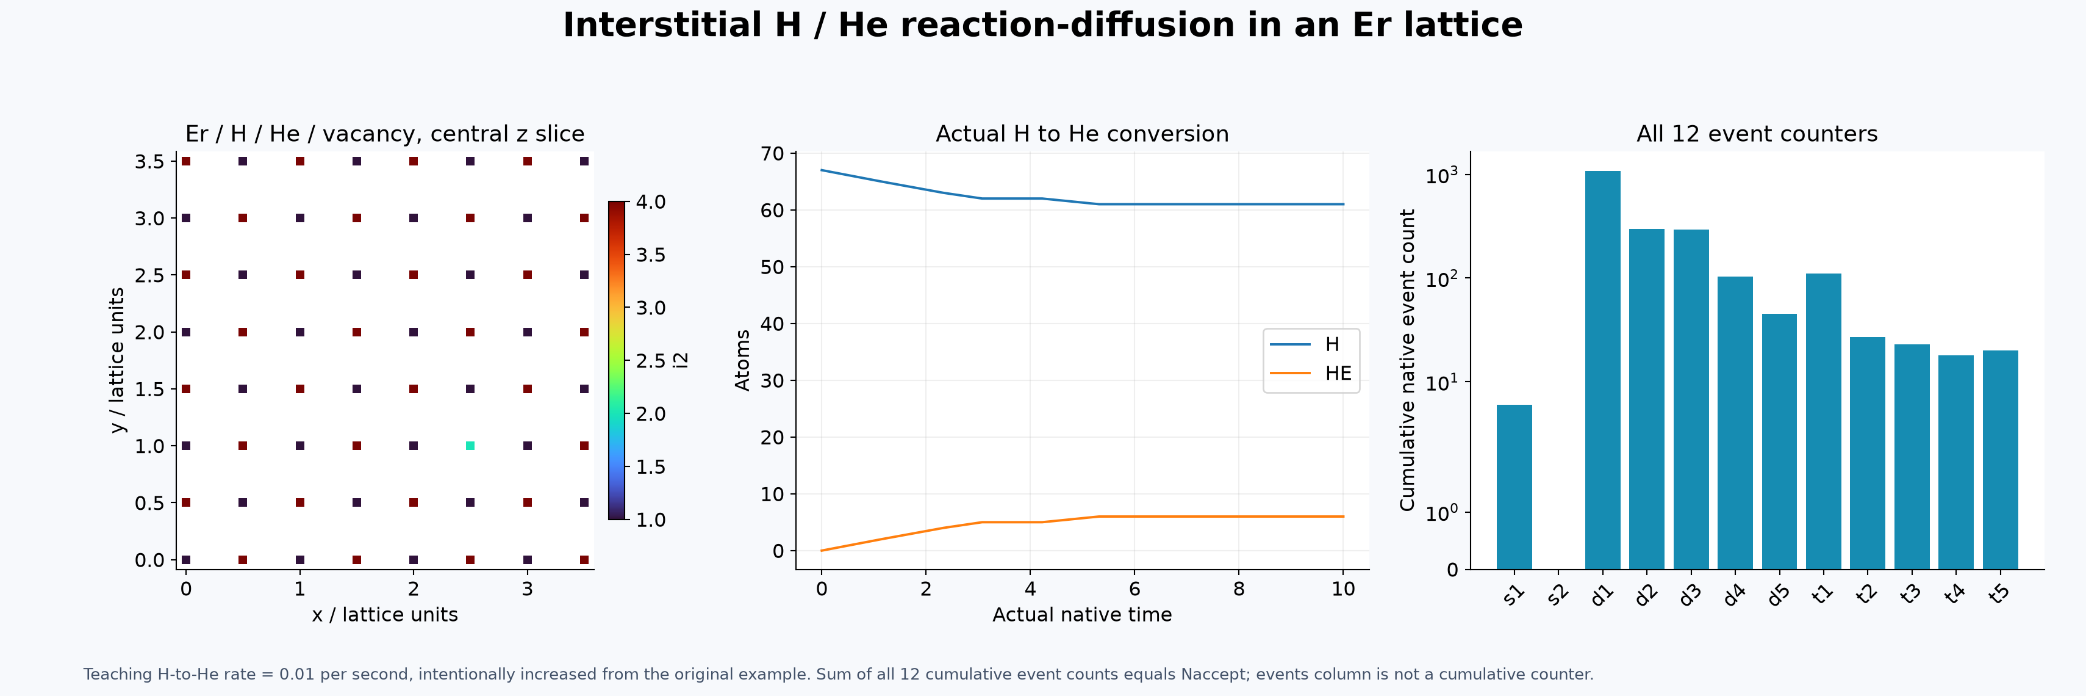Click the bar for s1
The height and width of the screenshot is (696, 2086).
tap(1513, 487)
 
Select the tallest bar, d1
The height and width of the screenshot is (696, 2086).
tap(1602, 370)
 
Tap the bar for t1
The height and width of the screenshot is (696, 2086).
tap(1824, 421)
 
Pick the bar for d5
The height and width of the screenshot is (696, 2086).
tap(1779, 441)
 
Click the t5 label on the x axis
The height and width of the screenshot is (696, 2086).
tap(1999, 595)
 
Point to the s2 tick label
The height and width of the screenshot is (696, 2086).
tap(1557, 595)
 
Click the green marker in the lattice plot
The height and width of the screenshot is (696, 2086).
tap(470, 446)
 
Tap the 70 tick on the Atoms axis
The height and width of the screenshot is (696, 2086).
tap(773, 154)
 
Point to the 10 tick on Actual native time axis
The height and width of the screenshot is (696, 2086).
tap(1342, 589)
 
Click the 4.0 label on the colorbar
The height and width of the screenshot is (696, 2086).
tap(650, 201)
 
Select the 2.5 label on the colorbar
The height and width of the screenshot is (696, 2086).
tap(650, 361)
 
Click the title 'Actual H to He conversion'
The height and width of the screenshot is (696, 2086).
tap(1082, 134)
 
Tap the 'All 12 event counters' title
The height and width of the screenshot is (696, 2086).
tap(1757, 134)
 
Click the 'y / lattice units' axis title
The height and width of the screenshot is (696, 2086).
tap(118, 361)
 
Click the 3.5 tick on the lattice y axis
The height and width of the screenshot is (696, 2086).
tap(150, 161)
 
